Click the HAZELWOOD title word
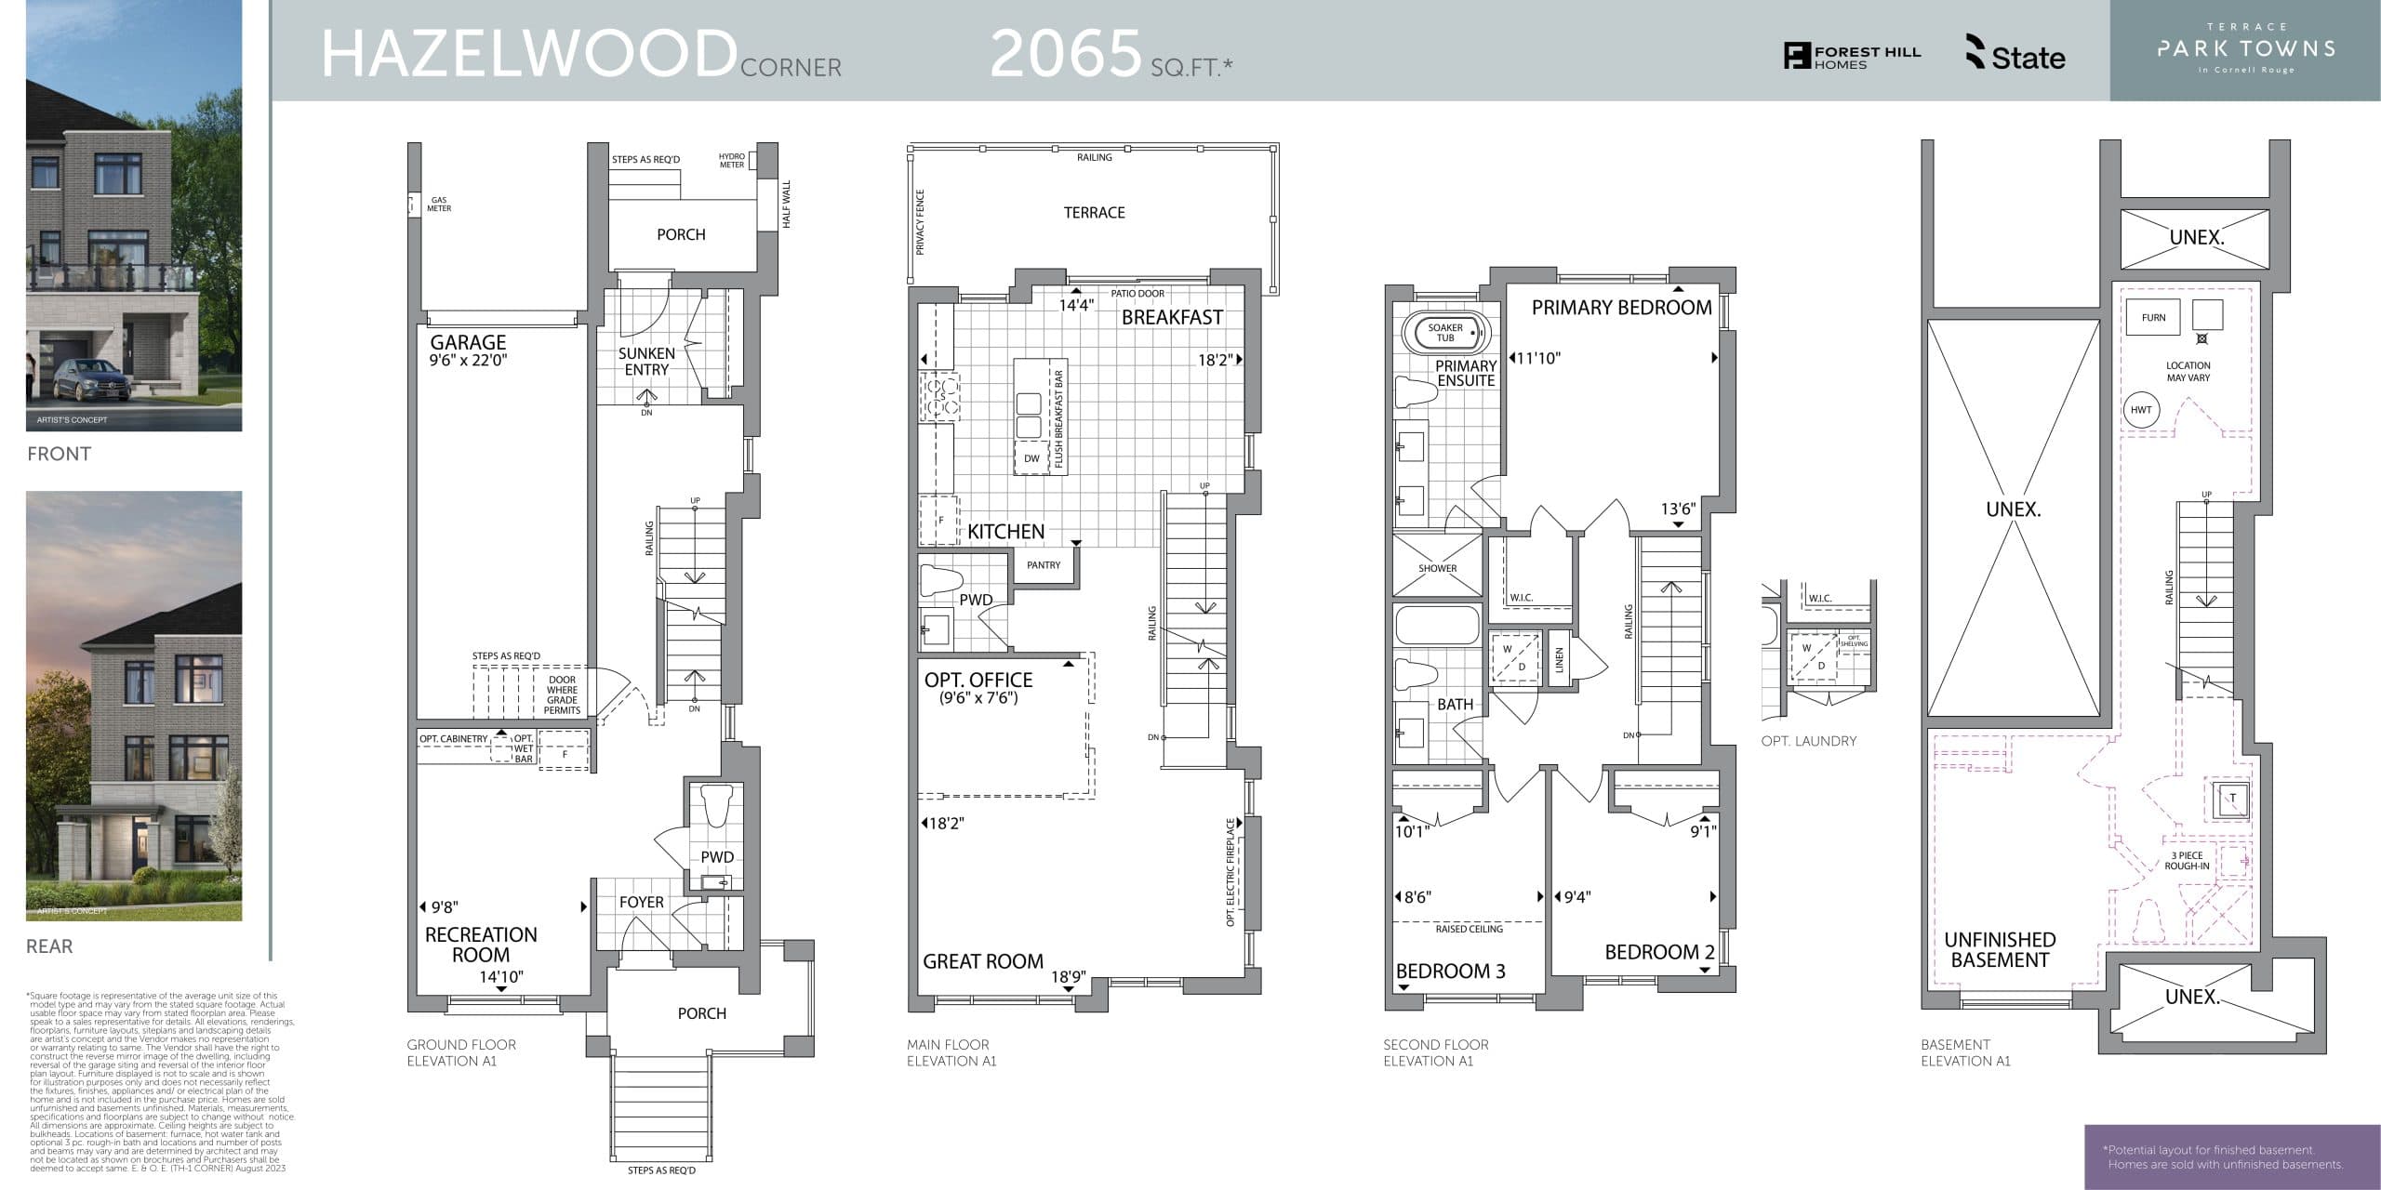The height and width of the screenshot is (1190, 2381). [x=528, y=54]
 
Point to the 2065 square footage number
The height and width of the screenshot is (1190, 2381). [x=1065, y=54]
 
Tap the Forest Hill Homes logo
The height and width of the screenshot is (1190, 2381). [x=1851, y=57]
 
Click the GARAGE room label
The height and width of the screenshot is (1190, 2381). [x=468, y=343]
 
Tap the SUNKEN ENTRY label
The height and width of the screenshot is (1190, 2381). [x=646, y=362]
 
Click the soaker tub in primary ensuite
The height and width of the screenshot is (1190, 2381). [x=1445, y=332]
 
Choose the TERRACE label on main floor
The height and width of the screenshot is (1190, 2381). [x=1094, y=213]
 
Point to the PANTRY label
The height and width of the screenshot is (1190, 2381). [x=1044, y=565]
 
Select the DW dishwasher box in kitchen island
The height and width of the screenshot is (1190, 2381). [x=1031, y=458]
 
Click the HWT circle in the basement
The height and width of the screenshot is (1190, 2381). [x=2140, y=410]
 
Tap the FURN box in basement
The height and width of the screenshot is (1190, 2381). [x=2153, y=318]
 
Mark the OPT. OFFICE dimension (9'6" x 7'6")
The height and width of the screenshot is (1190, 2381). [x=978, y=698]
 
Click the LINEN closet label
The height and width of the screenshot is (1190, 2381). [x=1560, y=660]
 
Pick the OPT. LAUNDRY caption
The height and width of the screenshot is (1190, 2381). [x=1808, y=741]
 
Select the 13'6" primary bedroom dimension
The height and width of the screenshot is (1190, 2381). [x=1678, y=509]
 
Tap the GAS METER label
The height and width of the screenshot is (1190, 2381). [x=439, y=205]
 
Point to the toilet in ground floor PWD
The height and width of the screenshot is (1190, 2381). [x=716, y=805]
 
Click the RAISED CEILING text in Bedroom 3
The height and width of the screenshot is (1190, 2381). [x=1469, y=929]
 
